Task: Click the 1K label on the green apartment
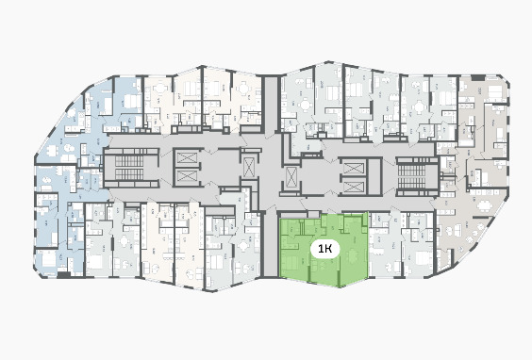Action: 325,249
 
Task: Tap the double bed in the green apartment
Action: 290,263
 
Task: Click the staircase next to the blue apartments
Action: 129,167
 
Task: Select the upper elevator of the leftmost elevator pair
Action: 187,158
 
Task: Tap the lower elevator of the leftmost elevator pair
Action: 187,176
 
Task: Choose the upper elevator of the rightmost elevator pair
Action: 354,169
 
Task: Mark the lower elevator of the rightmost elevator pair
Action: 354,186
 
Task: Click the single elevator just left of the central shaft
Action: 249,167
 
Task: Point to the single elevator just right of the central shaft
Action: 291,176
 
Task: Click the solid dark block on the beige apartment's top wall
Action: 478,78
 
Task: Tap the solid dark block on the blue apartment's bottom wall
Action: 63,275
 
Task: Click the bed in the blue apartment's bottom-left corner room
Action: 48,260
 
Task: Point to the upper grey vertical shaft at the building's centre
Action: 271,105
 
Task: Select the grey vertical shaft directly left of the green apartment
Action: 271,244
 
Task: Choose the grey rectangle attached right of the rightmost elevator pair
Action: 374,177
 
